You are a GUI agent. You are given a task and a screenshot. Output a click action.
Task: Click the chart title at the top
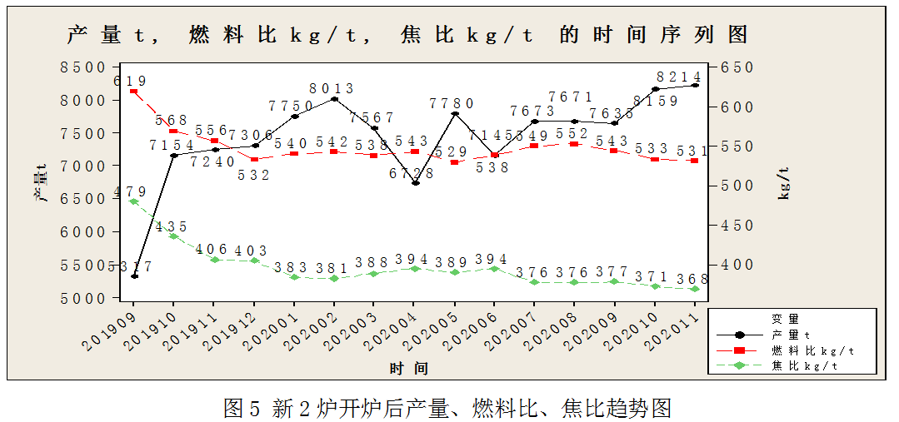click(x=407, y=35)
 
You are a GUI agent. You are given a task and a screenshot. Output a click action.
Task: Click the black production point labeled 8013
click(x=334, y=99)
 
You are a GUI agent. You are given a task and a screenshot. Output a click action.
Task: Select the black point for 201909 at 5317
click(x=134, y=276)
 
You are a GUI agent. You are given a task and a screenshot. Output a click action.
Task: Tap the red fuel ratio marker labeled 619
click(x=134, y=91)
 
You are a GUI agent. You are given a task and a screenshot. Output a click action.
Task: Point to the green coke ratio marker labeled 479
click(x=134, y=201)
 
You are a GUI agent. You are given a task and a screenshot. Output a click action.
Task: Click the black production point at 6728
click(x=415, y=183)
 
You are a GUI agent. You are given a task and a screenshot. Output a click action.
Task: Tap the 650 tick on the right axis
click(x=737, y=67)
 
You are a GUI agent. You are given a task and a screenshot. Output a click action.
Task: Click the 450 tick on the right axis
click(x=737, y=226)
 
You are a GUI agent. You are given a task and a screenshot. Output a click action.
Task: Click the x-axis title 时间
click(x=409, y=367)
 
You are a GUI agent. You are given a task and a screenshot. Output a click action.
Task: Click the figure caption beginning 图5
click(x=448, y=408)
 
